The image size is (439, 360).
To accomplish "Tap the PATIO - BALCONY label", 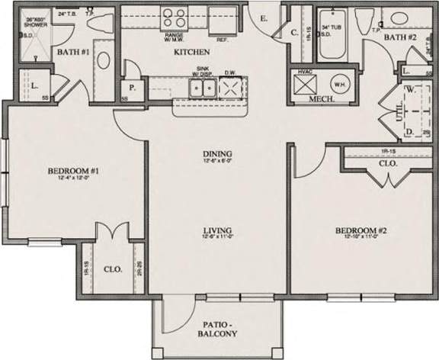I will [217, 329].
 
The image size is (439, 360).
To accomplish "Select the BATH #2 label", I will [399, 37].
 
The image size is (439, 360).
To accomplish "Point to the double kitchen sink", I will [202, 88].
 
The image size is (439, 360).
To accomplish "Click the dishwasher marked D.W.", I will [229, 88].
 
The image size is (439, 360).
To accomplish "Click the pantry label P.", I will [133, 87].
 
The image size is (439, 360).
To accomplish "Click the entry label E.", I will [262, 18].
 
